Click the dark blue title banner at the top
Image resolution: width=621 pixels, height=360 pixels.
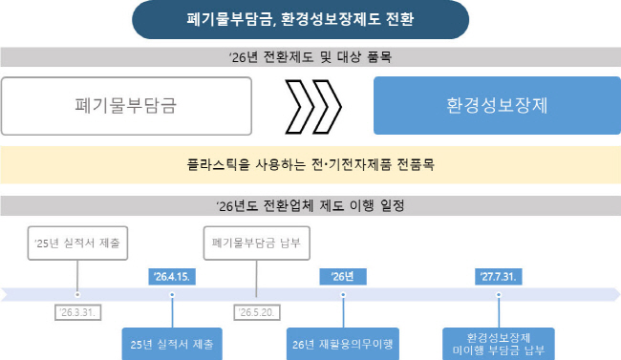pyautogui.click(x=300, y=19)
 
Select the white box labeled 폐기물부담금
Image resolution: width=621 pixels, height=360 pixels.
pyautogui.click(x=126, y=106)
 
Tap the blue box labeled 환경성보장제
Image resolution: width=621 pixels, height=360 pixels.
pyautogui.click(x=497, y=105)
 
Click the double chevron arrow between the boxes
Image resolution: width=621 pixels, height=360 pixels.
pyautogui.click(x=313, y=107)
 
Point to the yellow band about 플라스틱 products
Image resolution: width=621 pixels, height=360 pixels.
pyautogui.click(x=310, y=164)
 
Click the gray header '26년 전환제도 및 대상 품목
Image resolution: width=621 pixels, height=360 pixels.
pyautogui.click(x=310, y=57)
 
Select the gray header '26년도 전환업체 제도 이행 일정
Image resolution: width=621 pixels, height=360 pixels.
pyautogui.click(x=310, y=205)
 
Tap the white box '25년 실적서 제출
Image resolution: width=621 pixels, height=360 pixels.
pyautogui.click(x=77, y=244)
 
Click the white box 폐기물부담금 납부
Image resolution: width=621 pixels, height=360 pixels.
pyautogui.click(x=257, y=244)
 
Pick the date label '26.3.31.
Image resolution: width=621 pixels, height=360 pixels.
pyautogui.click(x=78, y=312)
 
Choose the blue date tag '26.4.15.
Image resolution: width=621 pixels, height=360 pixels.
pyautogui.click(x=172, y=276)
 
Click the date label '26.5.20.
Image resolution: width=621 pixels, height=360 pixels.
pyautogui.click(x=257, y=312)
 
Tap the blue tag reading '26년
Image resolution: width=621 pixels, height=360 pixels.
pyautogui.click(x=343, y=276)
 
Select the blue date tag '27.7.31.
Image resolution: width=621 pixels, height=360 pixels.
pyautogui.click(x=498, y=276)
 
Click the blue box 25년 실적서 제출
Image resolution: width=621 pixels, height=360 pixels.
pyautogui.click(x=172, y=344)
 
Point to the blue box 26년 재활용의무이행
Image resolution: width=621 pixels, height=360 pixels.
pyautogui.click(x=343, y=344)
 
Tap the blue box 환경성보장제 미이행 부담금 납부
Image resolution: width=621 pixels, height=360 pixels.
pyautogui.click(x=498, y=344)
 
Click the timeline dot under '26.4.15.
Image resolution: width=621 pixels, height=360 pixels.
pyautogui.click(x=172, y=295)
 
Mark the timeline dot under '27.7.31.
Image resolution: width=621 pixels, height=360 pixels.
pyautogui.click(x=499, y=295)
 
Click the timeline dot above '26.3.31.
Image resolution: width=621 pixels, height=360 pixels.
pyautogui.click(x=77, y=295)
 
